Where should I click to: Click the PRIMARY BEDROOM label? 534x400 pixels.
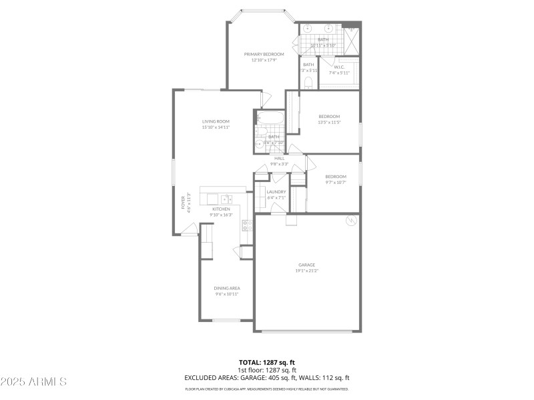[264, 54]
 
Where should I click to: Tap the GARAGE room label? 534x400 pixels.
[307, 265]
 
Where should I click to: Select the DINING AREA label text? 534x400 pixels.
[226, 288]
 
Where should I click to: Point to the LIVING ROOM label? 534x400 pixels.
[216, 121]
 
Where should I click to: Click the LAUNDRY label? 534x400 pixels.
[276, 192]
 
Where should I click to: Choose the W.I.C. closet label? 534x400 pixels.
[339, 67]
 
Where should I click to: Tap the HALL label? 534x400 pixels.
[279, 158]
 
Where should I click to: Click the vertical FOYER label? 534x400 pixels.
[184, 203]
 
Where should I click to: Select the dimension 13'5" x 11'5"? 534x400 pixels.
[329, 122]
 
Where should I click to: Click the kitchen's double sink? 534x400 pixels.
[226, 199]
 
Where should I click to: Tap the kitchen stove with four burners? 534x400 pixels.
[246, 225]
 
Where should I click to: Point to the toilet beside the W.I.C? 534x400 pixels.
[308, 83]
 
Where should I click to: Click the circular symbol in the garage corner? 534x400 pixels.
[349, 222]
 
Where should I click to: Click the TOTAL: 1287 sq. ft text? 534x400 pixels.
[267, 363]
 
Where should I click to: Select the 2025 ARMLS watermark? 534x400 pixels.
[33, 382]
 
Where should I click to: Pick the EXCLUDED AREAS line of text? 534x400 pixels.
[267, 377]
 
